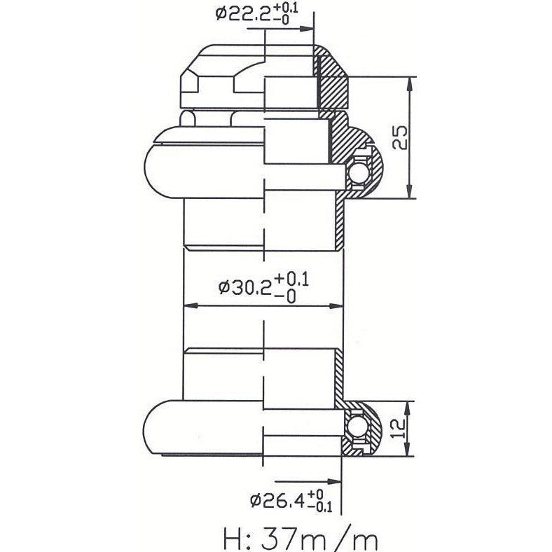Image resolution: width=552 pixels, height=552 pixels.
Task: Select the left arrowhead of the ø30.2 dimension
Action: click(x=189, y=306)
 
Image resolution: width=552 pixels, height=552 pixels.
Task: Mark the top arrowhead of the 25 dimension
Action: click(x=410, y=81)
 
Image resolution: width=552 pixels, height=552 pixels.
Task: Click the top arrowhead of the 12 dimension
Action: click(x=410, y=407)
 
